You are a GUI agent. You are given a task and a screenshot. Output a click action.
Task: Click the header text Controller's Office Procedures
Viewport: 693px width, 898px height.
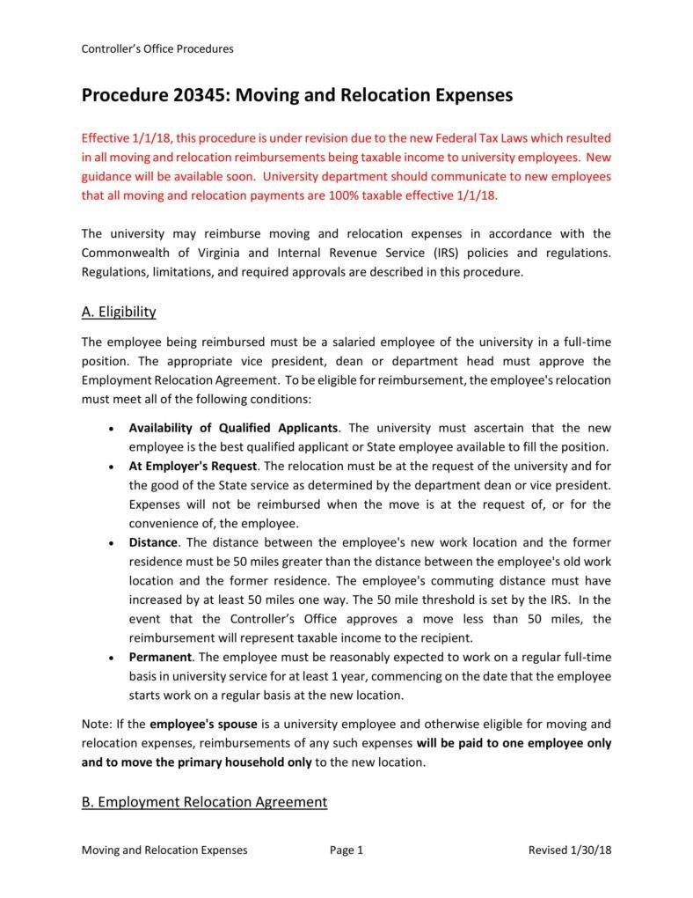[x=157, y=49]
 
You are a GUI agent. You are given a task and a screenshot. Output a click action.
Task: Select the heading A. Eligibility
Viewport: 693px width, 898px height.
[x=119, y=312]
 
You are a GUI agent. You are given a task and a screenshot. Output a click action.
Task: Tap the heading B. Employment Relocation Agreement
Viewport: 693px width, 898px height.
[x=204, y=802]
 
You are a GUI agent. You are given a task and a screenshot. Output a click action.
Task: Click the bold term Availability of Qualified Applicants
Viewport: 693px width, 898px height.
[x=234, y=428]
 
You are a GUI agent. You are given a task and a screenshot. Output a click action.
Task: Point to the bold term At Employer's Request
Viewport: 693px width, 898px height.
[x=193, y=466]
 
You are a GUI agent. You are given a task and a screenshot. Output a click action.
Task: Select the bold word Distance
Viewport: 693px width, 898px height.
[x=154, y=542]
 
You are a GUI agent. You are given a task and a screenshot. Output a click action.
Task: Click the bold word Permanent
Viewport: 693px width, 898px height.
[x=160, y=657]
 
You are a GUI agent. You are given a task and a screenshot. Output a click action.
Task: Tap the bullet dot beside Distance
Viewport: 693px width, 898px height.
[x=109, y=543]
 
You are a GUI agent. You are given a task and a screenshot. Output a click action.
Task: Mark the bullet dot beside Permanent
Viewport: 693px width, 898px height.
[x=109, y=658]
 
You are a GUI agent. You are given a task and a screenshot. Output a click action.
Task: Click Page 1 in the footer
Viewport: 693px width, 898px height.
[x=346, y=850]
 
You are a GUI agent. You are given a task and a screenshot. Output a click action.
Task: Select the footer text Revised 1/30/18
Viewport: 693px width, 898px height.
[x=569, y=850]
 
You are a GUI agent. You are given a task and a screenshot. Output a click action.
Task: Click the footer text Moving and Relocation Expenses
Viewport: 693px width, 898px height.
[x=164, y=850]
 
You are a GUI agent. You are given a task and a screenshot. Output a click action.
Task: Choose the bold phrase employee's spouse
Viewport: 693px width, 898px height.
[x=203, y=725]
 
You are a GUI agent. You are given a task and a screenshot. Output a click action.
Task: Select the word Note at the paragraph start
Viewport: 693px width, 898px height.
[x=95, y=725]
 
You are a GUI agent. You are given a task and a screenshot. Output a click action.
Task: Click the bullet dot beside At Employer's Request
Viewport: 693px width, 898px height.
[x=109, y=467]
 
